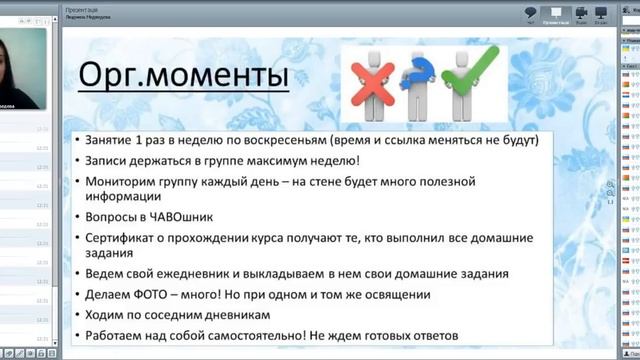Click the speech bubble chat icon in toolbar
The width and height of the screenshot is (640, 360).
click(x=531, y=13)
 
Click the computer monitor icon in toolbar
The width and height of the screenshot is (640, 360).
click(x=601, y=13)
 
